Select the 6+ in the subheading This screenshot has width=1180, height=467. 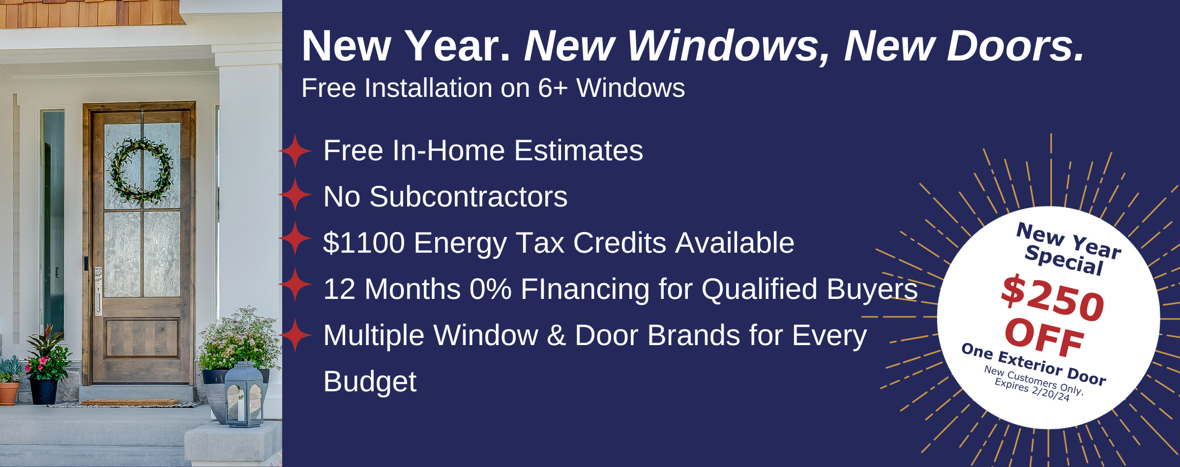(553, 88)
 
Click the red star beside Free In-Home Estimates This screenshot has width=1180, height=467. (295, 151)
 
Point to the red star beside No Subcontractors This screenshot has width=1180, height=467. (295, 195)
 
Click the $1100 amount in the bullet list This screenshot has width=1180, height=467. (364, 243)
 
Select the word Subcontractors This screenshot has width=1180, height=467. (468, 197)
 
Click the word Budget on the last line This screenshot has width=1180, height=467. (370, 381)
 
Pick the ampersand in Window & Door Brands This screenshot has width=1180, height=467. (556, 336)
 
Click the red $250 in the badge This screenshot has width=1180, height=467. (1053, 297)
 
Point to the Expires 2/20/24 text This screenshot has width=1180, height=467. (1032, 390)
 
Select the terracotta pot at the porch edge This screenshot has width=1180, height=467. (8, 393)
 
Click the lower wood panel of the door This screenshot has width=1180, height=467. (143, 338)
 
